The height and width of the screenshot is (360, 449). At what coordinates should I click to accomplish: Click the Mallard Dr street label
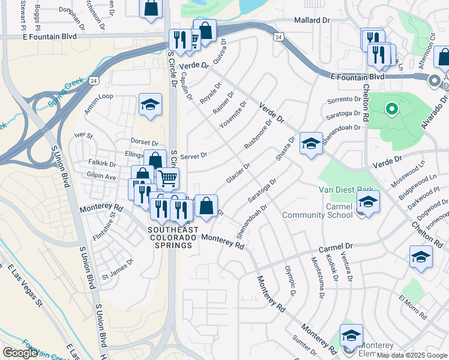click(312, 20)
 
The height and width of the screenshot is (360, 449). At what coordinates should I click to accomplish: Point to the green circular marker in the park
click(391, 109)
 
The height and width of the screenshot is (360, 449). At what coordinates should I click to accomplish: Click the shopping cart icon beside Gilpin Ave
click(168, 177)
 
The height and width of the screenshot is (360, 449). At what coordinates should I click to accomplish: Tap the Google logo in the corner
click(20, 353)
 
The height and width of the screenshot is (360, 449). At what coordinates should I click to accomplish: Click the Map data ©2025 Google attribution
click(411, 355)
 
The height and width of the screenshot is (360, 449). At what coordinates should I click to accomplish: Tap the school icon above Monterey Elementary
click(351, 335)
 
